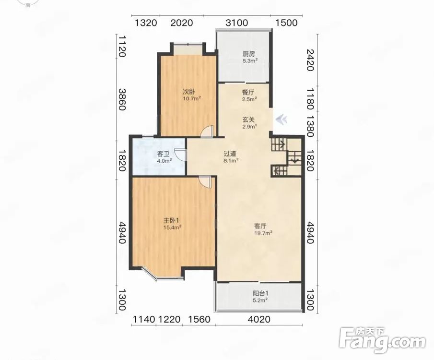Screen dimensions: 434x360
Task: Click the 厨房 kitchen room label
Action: [x=248, y=54]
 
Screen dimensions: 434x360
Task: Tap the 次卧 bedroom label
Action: [x=188, y=91]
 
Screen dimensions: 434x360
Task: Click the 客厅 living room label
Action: [x=260, y=226]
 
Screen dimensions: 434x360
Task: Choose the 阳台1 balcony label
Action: [x=261, y=293]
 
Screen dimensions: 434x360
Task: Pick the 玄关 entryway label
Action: [x=248, y=120]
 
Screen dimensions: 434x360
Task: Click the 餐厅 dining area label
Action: [x=248, y=92]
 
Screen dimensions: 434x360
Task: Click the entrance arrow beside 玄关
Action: [x=282, y=120]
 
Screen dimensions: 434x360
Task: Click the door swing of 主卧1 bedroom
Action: [x=206, y=182]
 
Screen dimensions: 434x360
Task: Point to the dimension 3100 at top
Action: [x=236, y=23]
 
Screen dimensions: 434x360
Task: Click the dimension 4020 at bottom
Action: [x=259, y=319]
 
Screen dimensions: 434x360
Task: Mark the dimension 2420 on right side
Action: [x=310, y=60]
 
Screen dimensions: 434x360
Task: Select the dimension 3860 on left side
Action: [x=122, y=99]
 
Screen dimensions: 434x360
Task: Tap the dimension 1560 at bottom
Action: [x=199, y=319]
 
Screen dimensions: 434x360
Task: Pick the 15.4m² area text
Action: [x=172, y=228]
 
